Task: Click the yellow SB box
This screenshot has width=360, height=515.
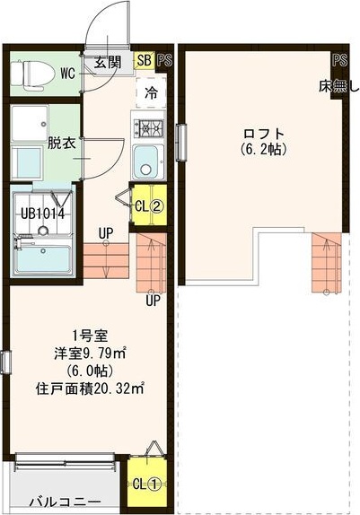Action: click(144, 61)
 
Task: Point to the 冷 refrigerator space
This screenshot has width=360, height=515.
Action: click(151, 92)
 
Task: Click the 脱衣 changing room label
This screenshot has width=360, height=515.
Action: click(60, 143)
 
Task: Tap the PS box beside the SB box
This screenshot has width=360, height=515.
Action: click(164, 61)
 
